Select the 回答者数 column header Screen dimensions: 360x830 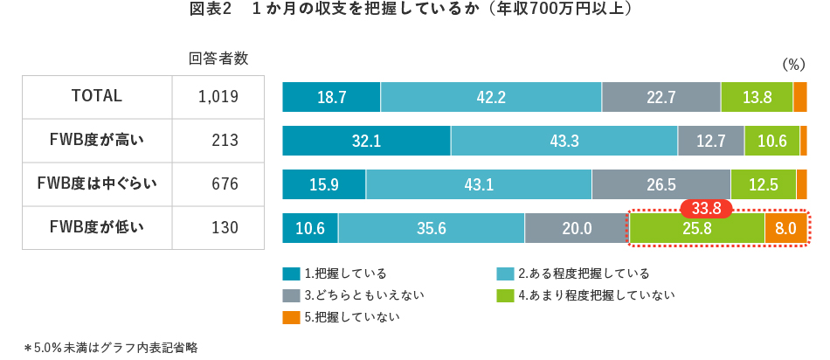[x=218, y=59]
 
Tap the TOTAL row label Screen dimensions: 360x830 [x=96, y=96]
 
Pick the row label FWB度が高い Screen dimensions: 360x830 [x=96, y=140]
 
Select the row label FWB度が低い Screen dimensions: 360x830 [x=96, y=228]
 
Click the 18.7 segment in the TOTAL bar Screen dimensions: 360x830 [x=331, y=97]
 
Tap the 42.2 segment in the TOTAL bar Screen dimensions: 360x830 [x=491, y=97]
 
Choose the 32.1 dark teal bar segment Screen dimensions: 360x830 [x=366, y=141]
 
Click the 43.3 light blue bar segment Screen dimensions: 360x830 [x=564, y=141]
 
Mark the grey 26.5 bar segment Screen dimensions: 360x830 [x=661, y=184]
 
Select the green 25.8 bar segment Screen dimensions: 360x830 [x=696, y=229]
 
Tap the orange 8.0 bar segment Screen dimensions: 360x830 [x=785, y=229]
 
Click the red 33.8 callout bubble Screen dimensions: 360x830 [x=705, y=209]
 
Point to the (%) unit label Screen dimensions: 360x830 [x=792, y=64]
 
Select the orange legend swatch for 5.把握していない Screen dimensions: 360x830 [x=291, y=317]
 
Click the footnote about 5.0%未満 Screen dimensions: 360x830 [x=111, y=347]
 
